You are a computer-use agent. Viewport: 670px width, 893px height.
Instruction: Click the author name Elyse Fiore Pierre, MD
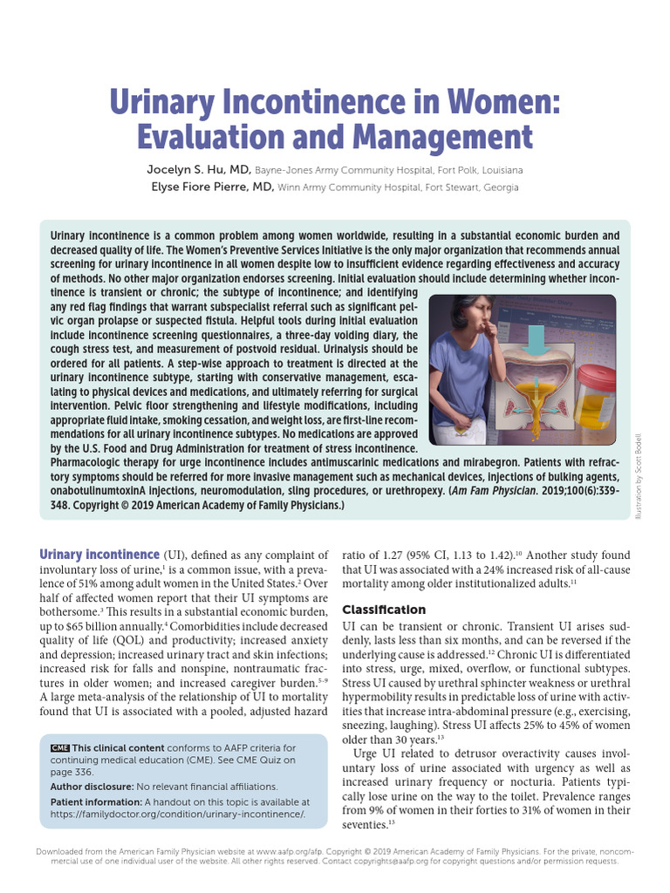click(x=212, y=187)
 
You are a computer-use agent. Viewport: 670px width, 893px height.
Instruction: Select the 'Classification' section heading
click(x=384, y=610)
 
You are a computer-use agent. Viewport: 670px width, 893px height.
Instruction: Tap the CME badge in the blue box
click(x=59, y=748)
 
